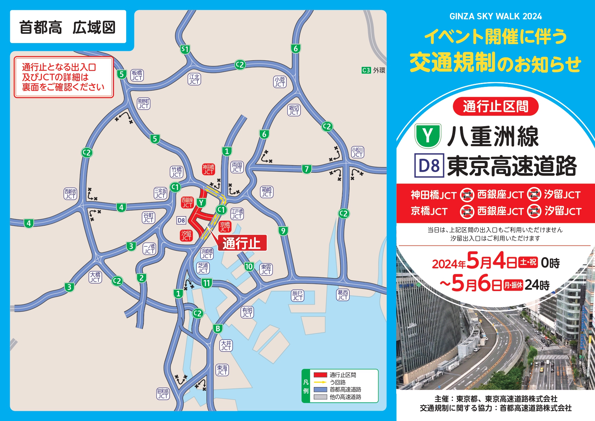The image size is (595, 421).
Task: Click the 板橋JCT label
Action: pyautogui.click(x=137, y=75)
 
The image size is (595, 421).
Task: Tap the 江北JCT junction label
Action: pyautogui.click(x=194, y=79)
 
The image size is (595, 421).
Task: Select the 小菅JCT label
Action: pyautogui.click(x=280, y=82)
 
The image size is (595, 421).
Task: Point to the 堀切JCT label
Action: pyautogui.click(x=294, y=110)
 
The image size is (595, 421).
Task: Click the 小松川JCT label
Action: pyautogui.click(x=358, y=152)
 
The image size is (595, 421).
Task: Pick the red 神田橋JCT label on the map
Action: pyautogui.click(x=208, y=169)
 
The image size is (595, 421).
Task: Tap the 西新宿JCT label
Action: pyautogui.click(x=70, y=194)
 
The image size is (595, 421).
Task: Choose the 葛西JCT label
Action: pyautogui.click(x=343, y=295)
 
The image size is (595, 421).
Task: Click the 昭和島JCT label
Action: pyautogui.click(x=163, y=394)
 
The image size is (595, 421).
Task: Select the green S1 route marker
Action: pyautogui.click(x=185, y=50)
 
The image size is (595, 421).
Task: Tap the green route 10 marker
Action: pyautogui.click(x=249, y=267)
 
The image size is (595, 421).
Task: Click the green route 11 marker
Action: pyautogui.click(x=207, y=283)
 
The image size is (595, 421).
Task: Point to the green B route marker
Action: pyautogui.click(x=218, y=328)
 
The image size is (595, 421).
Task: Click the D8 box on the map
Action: pyautogui.click(x=181, y=221)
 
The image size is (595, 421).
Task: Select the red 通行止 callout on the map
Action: pyautogui.click(x=242, y=243)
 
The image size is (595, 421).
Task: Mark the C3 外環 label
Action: pyautogui.click(x=373, y=70)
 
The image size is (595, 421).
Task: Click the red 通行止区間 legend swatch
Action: pyautogui.click(x=320, y=375)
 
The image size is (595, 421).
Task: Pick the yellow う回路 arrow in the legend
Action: pyautogui.click(x=320, y=382)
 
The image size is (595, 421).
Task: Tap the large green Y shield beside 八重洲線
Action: pyautogui.click(x=428, y=136)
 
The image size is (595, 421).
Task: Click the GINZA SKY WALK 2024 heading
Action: pyautogui.click(x=495, y=16)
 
